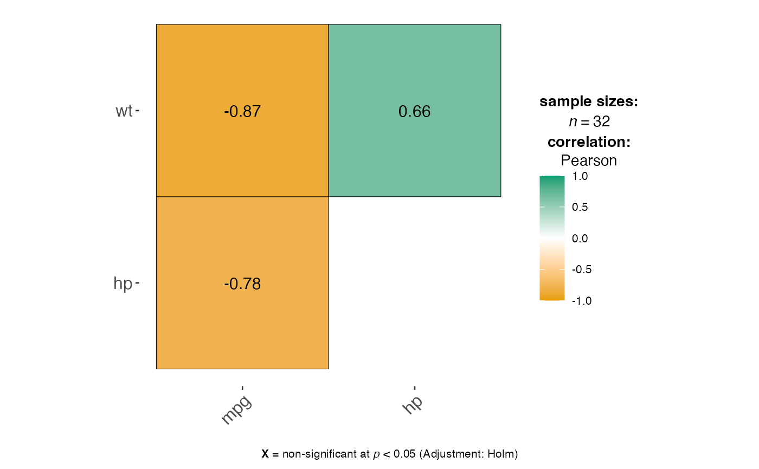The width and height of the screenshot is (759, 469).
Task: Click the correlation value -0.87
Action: (x=242, y=112)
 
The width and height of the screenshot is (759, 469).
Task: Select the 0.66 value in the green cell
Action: (x=414, y=112)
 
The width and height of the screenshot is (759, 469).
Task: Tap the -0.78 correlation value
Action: (x=242, y=284)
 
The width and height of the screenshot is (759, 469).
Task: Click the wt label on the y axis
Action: (x=124, y=111)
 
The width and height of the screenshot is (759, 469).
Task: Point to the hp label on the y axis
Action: (x=123, y=284)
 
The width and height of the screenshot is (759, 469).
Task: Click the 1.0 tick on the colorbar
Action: (x=580, y=177)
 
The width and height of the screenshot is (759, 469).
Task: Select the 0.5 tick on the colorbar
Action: (x=580, y=208)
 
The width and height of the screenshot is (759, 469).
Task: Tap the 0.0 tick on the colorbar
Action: (x=580, y=239)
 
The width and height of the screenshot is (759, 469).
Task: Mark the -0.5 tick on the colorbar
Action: (x=581, y=269)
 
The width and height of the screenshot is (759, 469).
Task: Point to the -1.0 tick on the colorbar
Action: (x=581, y=301)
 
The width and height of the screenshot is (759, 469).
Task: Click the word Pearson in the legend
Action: (x=589, y=161)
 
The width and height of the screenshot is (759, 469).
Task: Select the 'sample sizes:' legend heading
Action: (x=589, y=102)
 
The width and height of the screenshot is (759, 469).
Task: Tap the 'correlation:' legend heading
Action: (x=589, y=142)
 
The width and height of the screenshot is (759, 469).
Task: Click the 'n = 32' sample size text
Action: (x=589, y=122)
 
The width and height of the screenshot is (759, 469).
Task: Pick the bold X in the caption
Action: (x=265, y=454)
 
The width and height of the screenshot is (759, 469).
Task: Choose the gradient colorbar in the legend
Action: (x=552, y=238)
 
